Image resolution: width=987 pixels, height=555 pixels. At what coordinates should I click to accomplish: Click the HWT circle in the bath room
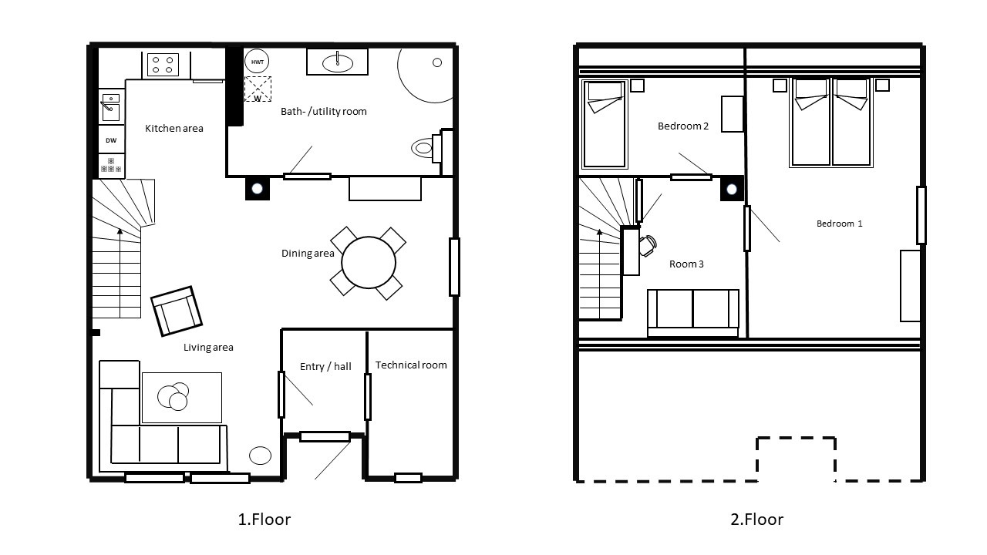(x=257, y=62)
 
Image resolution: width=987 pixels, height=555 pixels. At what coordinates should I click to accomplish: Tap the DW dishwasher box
(x=111, y=140)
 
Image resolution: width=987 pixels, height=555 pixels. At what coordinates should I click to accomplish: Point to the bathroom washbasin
(x=337, y=62)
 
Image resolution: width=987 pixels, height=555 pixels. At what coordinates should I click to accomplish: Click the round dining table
(x=369, y=263)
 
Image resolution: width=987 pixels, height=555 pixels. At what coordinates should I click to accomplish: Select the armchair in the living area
(x=177, y=311)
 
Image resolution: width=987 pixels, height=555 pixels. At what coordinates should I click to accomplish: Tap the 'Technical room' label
(x=411, y=365)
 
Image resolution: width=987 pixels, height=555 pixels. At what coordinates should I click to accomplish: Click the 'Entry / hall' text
(x=325, y=366)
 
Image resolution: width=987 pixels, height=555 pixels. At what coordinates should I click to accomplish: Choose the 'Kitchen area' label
(x=174, y=129)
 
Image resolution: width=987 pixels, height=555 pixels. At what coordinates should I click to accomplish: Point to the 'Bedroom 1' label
(x=840, y=224)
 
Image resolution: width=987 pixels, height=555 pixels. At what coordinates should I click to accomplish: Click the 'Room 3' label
(x=686, y=264)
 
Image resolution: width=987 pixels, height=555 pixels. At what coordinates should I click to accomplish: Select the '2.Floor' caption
(x=757, y=520)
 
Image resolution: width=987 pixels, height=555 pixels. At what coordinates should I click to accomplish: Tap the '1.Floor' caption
(x=264, y=520)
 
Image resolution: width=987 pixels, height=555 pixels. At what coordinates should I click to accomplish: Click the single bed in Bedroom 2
(x=604, y=124)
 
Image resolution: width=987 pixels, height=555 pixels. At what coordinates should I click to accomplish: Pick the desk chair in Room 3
(x=648, y=246)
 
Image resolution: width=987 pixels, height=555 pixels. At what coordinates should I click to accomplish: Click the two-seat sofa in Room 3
(x=692, y=313)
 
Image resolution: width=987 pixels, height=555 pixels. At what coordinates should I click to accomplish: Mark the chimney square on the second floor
(x=732, y=189)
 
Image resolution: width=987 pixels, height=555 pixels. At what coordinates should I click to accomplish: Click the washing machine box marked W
(x=258, y=89)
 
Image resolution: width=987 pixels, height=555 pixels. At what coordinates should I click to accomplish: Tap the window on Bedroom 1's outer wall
(x=921, y=215)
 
